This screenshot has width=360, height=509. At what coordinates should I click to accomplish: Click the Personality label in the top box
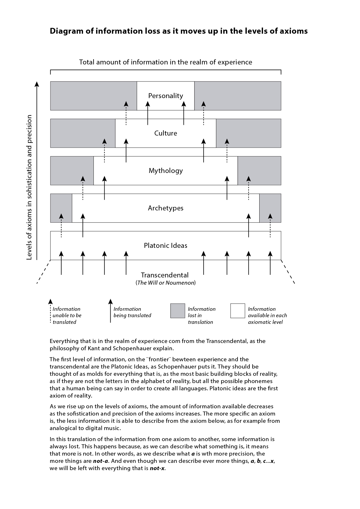165,96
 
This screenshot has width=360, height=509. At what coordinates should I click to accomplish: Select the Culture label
165,133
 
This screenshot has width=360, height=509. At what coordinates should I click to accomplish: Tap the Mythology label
165,171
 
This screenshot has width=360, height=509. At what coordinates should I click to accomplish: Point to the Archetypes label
165,208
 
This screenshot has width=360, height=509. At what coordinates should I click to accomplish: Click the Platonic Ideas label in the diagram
165,246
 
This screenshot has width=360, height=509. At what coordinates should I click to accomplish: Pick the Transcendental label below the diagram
165,275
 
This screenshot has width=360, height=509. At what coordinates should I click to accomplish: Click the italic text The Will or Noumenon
165,283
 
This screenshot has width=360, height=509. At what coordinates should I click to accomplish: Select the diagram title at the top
179,31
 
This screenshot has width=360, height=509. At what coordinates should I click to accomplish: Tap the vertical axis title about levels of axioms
29,187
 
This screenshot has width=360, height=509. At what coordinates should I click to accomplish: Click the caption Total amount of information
165,62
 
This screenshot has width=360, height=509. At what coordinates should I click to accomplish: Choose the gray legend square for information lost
177,311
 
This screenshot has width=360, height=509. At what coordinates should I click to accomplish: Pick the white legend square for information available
237,311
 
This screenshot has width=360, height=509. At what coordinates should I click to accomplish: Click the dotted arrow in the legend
50,311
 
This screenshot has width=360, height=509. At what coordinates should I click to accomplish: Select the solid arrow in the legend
110,311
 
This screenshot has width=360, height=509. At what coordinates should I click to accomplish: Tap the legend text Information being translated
132,312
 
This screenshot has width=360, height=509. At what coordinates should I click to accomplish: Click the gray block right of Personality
237,96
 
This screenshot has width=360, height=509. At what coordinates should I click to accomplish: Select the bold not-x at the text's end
157,468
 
